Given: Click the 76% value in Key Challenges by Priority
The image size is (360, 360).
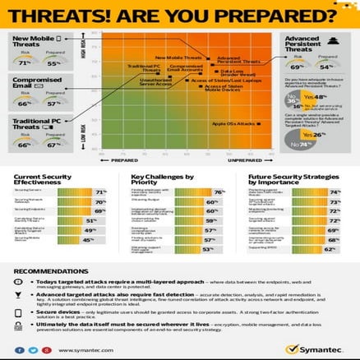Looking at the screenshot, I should click(219, 191).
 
